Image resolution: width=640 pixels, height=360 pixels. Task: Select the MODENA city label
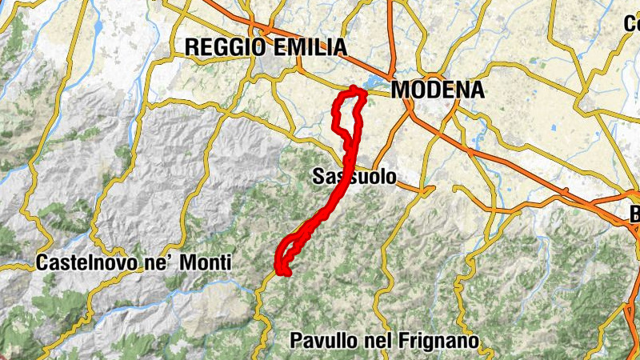tap(438, 90)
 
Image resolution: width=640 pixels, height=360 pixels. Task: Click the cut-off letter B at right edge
tap(634, 214)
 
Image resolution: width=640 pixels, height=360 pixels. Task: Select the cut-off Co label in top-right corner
tap(632, 23)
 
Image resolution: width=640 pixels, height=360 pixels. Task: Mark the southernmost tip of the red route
tap(285, 273)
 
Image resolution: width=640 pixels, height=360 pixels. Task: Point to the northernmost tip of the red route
tap(354, 88)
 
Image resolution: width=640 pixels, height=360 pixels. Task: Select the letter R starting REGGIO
tap(192, 47)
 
